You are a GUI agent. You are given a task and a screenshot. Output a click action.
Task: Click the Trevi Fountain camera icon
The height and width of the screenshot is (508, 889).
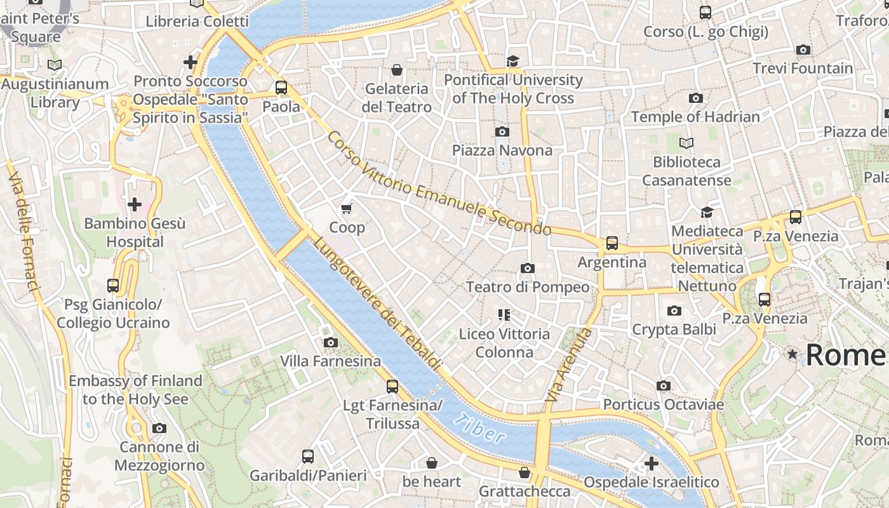[x=803, y=50]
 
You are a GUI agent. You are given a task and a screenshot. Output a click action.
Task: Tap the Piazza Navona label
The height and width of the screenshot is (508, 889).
[x=502, y=150]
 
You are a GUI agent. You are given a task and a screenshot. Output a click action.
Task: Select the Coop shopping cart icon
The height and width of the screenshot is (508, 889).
[x=347, y=208]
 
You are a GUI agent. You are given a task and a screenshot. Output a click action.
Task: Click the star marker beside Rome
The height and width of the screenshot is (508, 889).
[x=792, y=354]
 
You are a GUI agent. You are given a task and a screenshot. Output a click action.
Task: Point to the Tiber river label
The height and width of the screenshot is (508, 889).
[x=481, y=429]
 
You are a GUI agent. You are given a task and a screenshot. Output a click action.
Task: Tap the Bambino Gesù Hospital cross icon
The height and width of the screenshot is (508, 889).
[x=135, y=204]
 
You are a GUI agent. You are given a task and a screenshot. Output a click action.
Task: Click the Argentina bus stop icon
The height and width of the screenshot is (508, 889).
[x=612, y=243]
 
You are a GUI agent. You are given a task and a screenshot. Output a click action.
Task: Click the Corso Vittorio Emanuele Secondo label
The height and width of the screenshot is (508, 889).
[x=438, y=184]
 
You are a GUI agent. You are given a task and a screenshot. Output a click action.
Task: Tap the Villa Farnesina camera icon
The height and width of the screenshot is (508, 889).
[x=330, y=342]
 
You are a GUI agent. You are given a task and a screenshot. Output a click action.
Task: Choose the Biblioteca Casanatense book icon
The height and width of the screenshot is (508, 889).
[x=686, y=143]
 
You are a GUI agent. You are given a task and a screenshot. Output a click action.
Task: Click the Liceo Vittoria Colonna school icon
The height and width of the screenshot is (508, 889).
[x=504, y=314]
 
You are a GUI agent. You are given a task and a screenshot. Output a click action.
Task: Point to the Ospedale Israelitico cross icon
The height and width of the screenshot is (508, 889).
[x=651, y=464]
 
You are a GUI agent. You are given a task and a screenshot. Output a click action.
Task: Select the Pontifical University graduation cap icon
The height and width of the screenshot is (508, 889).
[x=512, y=61]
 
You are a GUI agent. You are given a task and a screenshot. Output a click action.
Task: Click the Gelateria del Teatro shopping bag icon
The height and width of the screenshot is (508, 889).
[x=397, y=69]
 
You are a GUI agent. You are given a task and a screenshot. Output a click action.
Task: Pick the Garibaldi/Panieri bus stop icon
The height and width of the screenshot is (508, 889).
[x=308, y=456]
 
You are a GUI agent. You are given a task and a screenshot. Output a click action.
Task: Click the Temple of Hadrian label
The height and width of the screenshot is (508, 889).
[x=695, y=117]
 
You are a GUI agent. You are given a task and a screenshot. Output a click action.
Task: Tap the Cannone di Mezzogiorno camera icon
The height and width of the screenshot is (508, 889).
[x=159, y=428]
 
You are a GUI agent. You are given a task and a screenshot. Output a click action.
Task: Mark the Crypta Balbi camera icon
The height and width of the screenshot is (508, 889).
[x=674, y=311]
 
